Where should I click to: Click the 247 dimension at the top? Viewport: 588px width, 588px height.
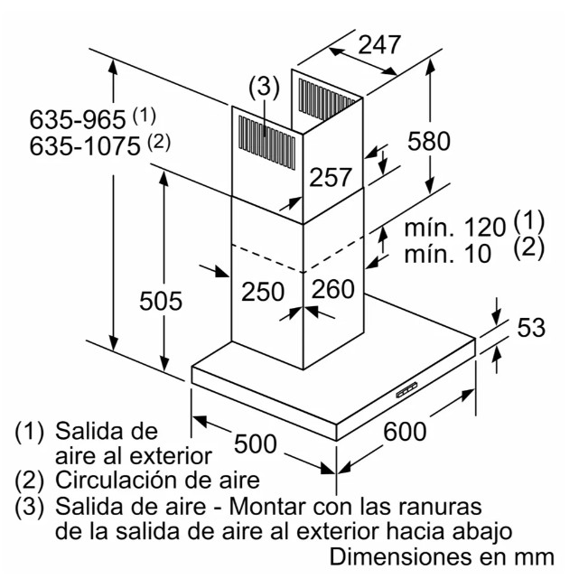click(x=379, y=45)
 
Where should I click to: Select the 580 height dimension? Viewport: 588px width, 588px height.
click(x=429, y=141)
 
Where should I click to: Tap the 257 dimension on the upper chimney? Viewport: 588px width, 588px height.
click(x=331, y=177)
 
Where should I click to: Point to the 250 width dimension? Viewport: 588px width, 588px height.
click(x=263, y=292)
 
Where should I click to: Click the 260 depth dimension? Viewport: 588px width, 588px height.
click(x=333, y=289)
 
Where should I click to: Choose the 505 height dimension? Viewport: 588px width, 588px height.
click(x=161, y=301)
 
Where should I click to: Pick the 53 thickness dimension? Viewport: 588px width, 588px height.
click(x=531, y=327)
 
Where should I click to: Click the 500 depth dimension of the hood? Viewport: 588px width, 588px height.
click(x=256, y=443)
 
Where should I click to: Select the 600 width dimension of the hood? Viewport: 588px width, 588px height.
click(x=405, y=431)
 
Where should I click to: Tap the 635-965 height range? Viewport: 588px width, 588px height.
click(x=78, y=119)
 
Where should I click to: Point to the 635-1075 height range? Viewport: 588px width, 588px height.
click(x=85, y=146)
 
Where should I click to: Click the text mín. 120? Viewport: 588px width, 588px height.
click(x=455, y=228)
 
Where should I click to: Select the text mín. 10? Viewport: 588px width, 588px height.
click(x=447, y=253)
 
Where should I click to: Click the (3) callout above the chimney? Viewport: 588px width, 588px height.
click(x=265, y=88)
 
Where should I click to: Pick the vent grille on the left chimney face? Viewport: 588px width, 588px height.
click(x=266, y=142)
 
